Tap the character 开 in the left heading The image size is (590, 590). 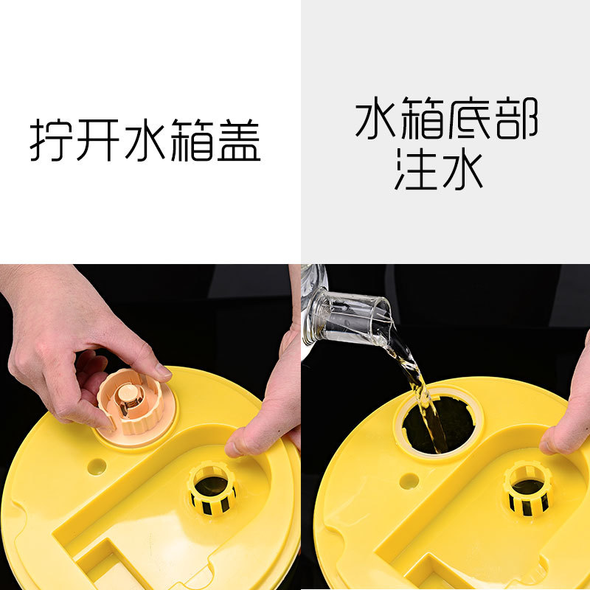(x=99, y=140)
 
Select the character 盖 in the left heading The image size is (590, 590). (x=237, y=140)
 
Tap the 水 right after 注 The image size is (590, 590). (x=462, y=170)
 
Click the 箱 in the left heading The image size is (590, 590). (x=192, y=140)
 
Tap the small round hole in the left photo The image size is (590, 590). (x=96, y=466)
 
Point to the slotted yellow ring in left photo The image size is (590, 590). (x=211, y=488)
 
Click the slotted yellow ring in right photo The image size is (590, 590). (x=528, y=487)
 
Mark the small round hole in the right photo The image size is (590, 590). (x=409, y=481)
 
